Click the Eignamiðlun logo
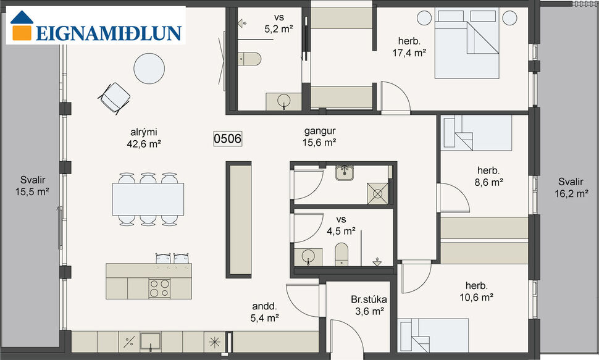pyautogui.click(x=96, y=26)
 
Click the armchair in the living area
pyautogui.click(x=115, y=96)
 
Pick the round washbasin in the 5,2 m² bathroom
pyautogui.click(x=284, y=101)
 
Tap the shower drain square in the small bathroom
pyautogui.click(x=378, y=193)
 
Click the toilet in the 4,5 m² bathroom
pyautogui.click(x=342, y=253)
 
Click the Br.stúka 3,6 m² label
pyautogui.click(x=369, y=305)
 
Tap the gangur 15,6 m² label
pyautogui.click(x=320, y=136)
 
